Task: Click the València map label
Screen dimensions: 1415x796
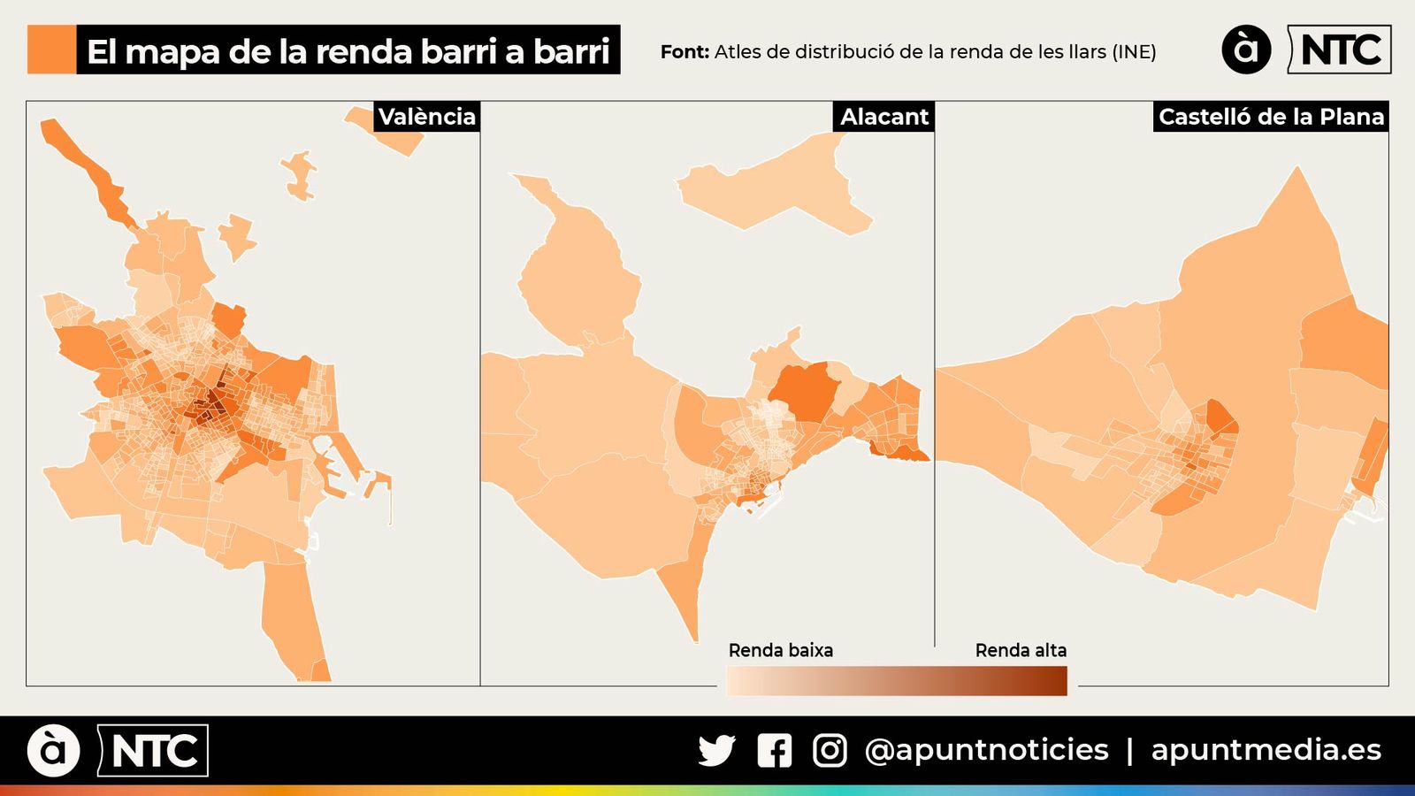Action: (426, 117)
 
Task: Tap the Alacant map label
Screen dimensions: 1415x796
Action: (883, 117)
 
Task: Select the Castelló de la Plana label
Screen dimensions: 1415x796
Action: (1271, 117)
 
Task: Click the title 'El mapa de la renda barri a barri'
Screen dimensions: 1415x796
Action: (348, 50)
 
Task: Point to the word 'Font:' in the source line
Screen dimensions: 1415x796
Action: (685, 51)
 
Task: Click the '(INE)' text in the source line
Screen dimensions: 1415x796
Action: (1134, 51)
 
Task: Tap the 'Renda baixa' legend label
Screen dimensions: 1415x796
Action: (780, 650)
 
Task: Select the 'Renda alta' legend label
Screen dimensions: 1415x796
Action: (1021, 650)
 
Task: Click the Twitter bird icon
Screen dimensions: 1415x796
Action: (716, 750)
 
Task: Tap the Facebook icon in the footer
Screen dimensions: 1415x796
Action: (775, 750)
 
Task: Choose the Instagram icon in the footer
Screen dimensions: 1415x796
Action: (830, 750)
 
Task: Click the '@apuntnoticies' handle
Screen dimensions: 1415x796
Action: (986, 750)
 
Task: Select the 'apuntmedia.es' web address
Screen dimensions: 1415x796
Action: (1266, 750)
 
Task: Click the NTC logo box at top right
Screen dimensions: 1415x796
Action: (1340, 50)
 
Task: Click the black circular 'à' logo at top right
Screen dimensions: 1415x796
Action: (1246, 50)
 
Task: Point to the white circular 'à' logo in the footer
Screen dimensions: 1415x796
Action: (53, 751)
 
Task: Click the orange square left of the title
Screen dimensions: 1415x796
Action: (51, 50)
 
